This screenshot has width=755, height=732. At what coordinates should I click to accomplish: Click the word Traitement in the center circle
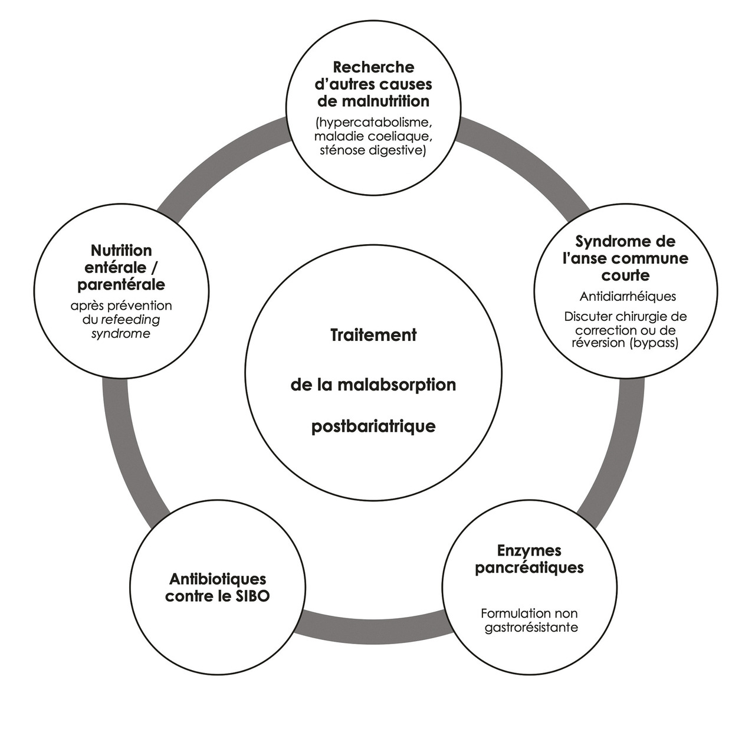coord(373,335)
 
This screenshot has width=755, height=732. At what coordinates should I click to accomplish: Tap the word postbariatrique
coord(373,426)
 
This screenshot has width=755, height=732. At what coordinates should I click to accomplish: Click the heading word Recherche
coord(373,67)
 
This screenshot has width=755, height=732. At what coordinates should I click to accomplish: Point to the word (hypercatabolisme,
coord(375,123)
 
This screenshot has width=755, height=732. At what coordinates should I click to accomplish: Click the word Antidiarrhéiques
coord(628,296)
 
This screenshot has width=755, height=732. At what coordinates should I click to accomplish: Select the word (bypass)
coord(649,343)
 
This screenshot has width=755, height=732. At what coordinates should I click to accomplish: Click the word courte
coord(625,275)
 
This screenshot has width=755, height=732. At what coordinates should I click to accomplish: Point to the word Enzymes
coord(529,551)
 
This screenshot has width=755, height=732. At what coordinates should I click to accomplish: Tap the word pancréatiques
coord(529,567)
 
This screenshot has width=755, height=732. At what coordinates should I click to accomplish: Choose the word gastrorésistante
coord(531,627)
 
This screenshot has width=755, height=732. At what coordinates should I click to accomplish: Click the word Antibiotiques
coord(218,579)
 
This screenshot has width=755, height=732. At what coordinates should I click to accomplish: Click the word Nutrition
coord(122,251)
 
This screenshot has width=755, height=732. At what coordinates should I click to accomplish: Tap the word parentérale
coord(122,284)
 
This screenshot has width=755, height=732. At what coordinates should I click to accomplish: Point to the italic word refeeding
coord(130,320)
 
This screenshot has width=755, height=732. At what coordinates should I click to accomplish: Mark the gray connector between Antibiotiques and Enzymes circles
coord(372,626)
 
